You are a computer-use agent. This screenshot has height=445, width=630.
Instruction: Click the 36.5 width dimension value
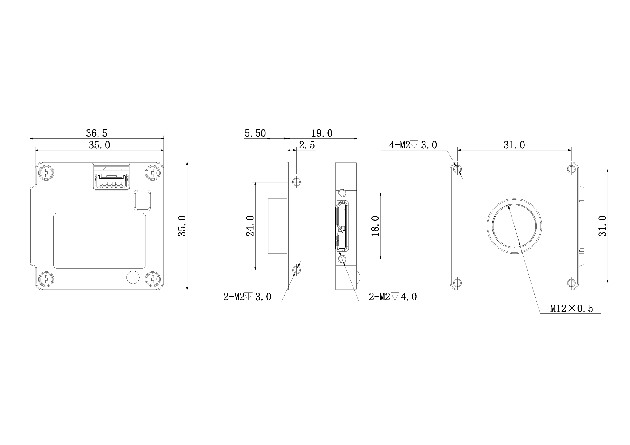point(97,133)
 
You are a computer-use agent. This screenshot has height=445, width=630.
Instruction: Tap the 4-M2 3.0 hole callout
point(413,145)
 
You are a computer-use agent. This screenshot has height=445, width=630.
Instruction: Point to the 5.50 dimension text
point(255,133)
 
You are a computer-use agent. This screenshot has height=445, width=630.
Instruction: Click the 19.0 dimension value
point(322,133)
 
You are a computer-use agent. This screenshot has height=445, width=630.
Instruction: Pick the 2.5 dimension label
point(307,145)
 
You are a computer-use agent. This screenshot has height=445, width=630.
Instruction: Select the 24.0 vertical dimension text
point(250,226)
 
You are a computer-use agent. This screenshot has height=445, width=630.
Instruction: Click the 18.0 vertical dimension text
point(375,226)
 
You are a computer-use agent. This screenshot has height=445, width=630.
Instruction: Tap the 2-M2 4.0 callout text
point(393,297)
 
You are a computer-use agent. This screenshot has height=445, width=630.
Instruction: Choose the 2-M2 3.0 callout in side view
point(247,297)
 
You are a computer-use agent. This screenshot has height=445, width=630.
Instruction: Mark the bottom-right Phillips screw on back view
point(153,279)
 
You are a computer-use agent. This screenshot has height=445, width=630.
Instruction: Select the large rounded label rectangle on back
point(99,241)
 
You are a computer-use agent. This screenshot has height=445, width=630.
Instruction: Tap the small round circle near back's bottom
point(133,278)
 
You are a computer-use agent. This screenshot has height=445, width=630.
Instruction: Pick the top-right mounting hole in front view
point(571,169)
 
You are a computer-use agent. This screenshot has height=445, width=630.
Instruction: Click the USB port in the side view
point(342,226)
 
